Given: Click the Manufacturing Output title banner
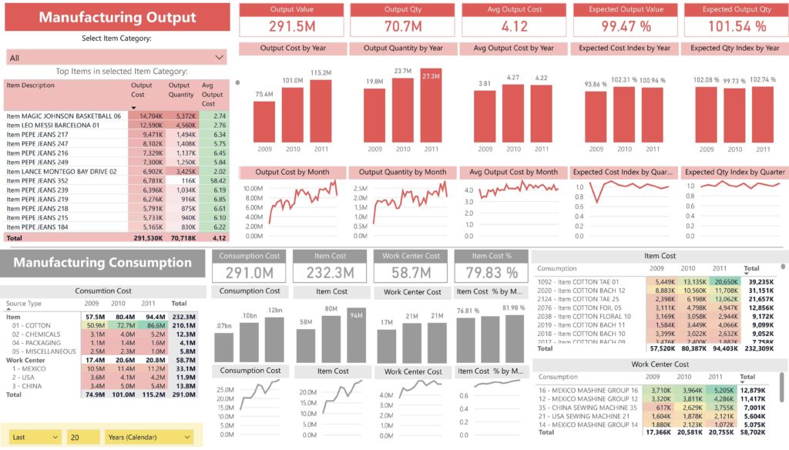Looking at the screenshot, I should (x=117, y=17).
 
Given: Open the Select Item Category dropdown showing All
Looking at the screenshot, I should (x=116, y=58).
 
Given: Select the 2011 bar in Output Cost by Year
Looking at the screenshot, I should (x=320, y=112).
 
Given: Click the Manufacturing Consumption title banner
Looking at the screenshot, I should (x=103, y=263).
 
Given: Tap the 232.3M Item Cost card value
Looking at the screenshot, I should (x=330, y=272).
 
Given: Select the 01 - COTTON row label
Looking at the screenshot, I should (x=32, y=326).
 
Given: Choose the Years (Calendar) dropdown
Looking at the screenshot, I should (x=149, y=437).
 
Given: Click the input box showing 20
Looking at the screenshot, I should (x=82, y=437).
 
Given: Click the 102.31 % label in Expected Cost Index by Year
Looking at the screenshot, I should (x=624, y=80).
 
